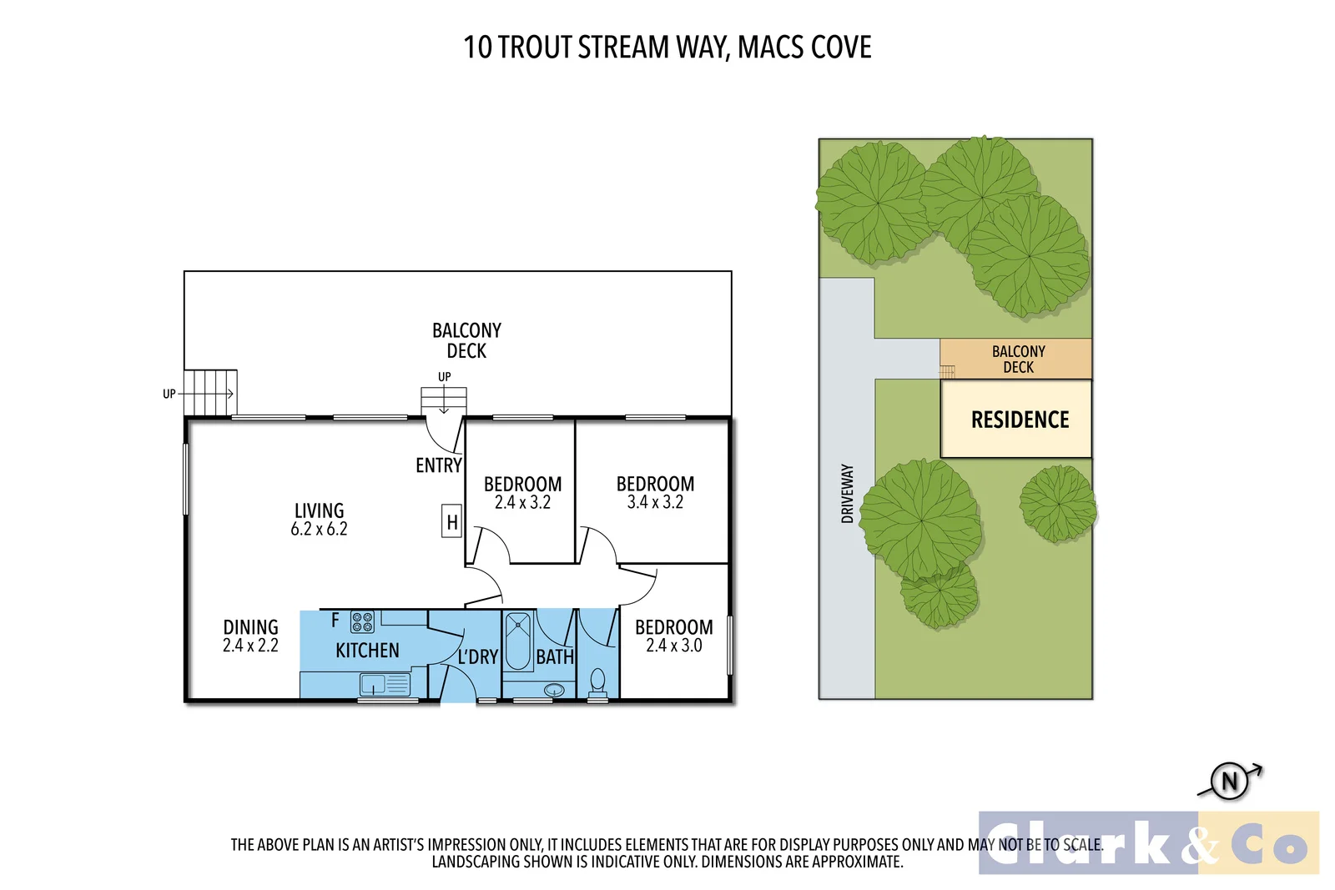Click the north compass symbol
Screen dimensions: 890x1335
tap(1230, 782)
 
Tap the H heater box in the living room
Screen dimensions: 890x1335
tap(451, 522)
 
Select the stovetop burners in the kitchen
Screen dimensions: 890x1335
tap(362, 622)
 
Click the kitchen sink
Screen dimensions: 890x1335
tap(373, 685)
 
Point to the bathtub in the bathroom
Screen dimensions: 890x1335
tap(518, 641)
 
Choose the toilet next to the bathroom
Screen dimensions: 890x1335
tap(597, 681)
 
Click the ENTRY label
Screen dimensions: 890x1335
tap(439, 465)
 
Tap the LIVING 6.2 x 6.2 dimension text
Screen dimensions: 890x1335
tap(319, 529)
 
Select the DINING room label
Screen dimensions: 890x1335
tap(250, 627)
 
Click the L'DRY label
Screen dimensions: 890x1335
tap(477, 657)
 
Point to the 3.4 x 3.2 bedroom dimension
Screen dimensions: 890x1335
tap(655, 502)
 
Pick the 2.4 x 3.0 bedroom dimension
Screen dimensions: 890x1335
tap(674, 646)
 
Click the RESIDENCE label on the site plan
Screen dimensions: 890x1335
tap(1020, 420)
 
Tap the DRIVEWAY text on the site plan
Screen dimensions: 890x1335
tap(848, 494)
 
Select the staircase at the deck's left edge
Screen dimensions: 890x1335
tap(209, 393)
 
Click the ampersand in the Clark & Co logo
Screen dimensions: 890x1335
tap(1200, 843)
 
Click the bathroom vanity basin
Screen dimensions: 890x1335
tap(554, 690)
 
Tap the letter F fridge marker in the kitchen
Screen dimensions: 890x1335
tap(335, 620)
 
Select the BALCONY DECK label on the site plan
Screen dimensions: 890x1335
tap(1018, 360)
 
